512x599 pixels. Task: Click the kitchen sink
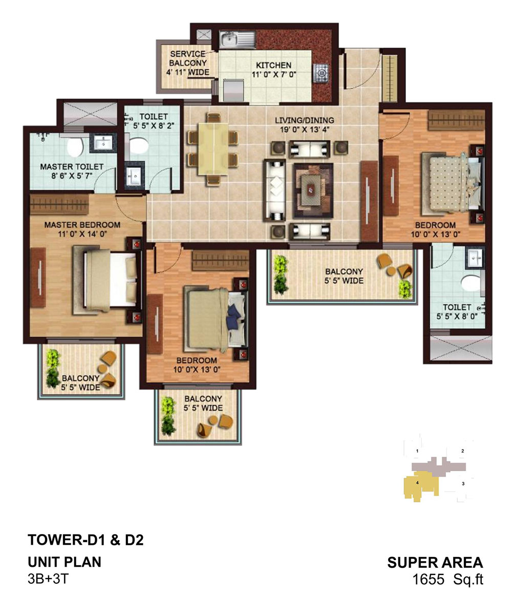pos(238,40)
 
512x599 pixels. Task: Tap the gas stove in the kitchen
pos(321,73)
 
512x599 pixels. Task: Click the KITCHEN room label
pos(273,65)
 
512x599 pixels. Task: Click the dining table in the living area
pos(212,149)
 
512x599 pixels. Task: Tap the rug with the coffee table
pos(313,191)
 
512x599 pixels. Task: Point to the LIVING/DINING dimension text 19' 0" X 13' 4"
pos(304,129)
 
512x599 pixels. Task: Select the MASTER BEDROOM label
pos(82,225)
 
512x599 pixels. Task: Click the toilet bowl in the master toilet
pos(75,146)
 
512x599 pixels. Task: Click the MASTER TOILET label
pos(72,167)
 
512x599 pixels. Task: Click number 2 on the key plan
pos(462,451)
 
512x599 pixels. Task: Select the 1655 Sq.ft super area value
pos(448,580)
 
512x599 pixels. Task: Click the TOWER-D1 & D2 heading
pos(86,540)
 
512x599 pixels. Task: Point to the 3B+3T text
pos(48,579)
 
